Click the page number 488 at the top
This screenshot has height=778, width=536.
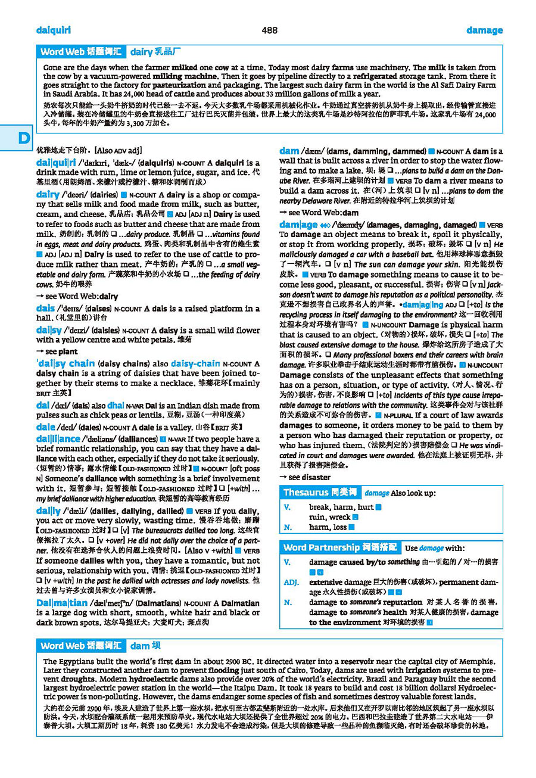pos(269,30)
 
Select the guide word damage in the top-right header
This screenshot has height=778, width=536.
pos(484,30)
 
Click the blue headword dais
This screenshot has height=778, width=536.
pos(45,309)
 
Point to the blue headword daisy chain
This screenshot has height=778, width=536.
pos(66,363)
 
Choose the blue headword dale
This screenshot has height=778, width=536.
pos(45,427)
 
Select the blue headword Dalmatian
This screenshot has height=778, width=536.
pos(61,603)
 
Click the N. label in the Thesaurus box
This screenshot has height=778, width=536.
pos(288,527)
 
